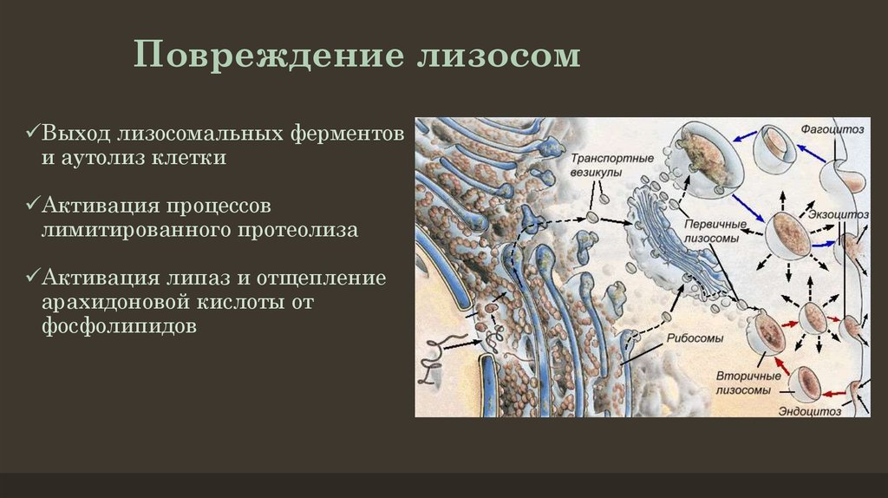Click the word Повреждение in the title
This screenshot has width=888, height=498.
269,56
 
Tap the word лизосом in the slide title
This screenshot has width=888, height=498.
499,56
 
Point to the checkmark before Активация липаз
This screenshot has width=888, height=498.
32,276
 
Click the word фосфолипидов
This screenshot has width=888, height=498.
119,327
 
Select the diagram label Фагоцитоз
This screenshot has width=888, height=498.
832,129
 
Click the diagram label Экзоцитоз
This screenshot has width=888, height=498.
839,214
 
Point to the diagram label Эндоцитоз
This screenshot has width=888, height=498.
809,411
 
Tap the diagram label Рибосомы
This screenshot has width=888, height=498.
695,338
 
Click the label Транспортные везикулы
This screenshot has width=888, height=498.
611,165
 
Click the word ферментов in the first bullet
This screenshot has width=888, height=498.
348,134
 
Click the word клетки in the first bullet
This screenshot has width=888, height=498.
188,158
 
